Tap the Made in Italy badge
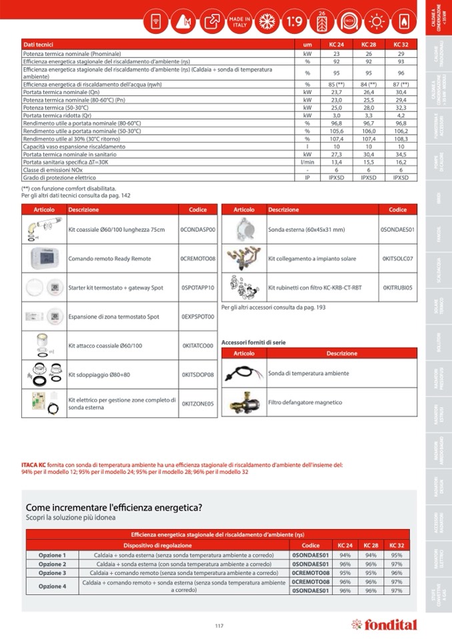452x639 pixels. pyautogui.click(x=239, y=22)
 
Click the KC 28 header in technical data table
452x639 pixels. pyautogui.click(x=368, y=44)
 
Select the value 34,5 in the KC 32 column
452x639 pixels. pyautogui.click(x=400, y=154)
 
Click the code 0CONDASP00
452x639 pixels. pyautogui.click(x=198, y=229)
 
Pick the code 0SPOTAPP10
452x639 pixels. pyautogui.click(x=198, y=288)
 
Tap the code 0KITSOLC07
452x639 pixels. pyautogui.click(x=397, y=259)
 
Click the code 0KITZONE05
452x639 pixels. pyautogui.click(x=198, y=403)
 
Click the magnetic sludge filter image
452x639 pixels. pyautogui.click(x=243, y=402)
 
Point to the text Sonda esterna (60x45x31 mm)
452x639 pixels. pyautogui.click(x=306, y=229)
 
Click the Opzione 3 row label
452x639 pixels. pyautogui.click(x=52, y=572)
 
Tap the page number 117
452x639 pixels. pyautogui.click(x=219, y=625)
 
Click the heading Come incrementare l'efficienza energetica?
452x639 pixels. pyautogui.click(x=113, y=507)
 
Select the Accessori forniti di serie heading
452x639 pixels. pyautogui.click(x=253, y=342)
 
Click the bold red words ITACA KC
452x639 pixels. pyautogui.click(x=33, y=464)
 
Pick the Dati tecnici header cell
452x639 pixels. pyautogui.click(x=38, y=44)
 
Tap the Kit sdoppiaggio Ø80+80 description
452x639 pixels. pyautogui.click(x=98, y=374)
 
